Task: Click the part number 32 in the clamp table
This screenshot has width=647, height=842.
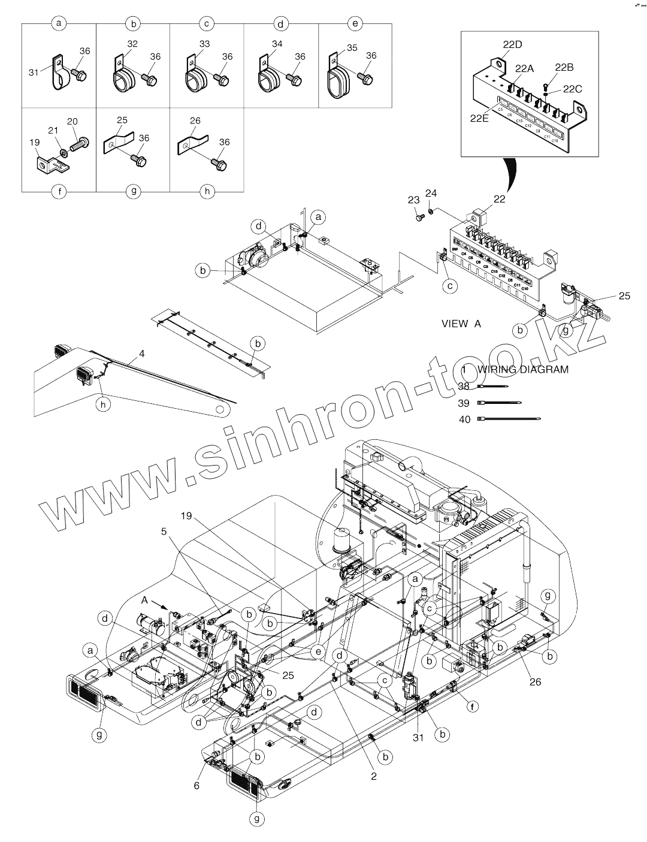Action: click(132, 44)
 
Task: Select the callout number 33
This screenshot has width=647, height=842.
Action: click(205, 44)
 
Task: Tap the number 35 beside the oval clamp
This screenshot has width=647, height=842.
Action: click(352, 47)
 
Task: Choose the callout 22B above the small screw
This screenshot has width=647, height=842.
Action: click(564, 67)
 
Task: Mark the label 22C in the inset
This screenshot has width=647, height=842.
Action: click(572, 89)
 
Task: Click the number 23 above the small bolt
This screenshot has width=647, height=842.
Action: click(414, 200)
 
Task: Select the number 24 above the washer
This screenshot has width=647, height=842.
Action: click(431, 193)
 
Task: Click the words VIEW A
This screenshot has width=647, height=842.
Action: click(461, 324)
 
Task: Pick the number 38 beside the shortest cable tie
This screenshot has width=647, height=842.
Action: click(464, 387)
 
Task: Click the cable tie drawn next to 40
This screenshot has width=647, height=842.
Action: click(509, 420)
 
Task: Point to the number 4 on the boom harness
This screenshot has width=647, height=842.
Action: click(142, 354)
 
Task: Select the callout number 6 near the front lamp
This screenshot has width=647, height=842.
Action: click(196, 786)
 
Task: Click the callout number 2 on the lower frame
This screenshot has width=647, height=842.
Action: click(374, 777)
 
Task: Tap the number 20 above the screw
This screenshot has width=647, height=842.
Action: click(72, 122)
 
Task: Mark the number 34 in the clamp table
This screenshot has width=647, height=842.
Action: click(277, 44)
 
